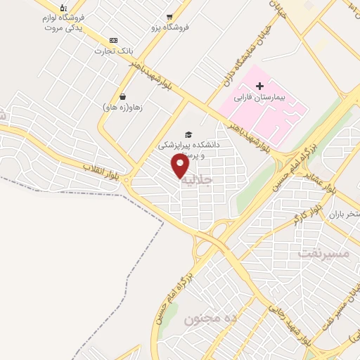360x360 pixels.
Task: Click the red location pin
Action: pyautogui.click(x=180, y=165)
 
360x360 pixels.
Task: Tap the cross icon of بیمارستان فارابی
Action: pyautogui.click(x=259, y=86)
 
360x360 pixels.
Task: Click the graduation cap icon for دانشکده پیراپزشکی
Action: pyautogui.click(x=188, y=134)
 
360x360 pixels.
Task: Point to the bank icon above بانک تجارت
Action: pyautogui.click(x=114, y=41)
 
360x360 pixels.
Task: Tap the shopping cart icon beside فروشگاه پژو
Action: pyautogui.click(x=169, y=16)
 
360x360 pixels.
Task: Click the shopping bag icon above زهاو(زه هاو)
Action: pyautogui.click(x=122, y=97)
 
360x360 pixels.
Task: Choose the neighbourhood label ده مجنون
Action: pyautogui.click(x=212, y=319)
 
